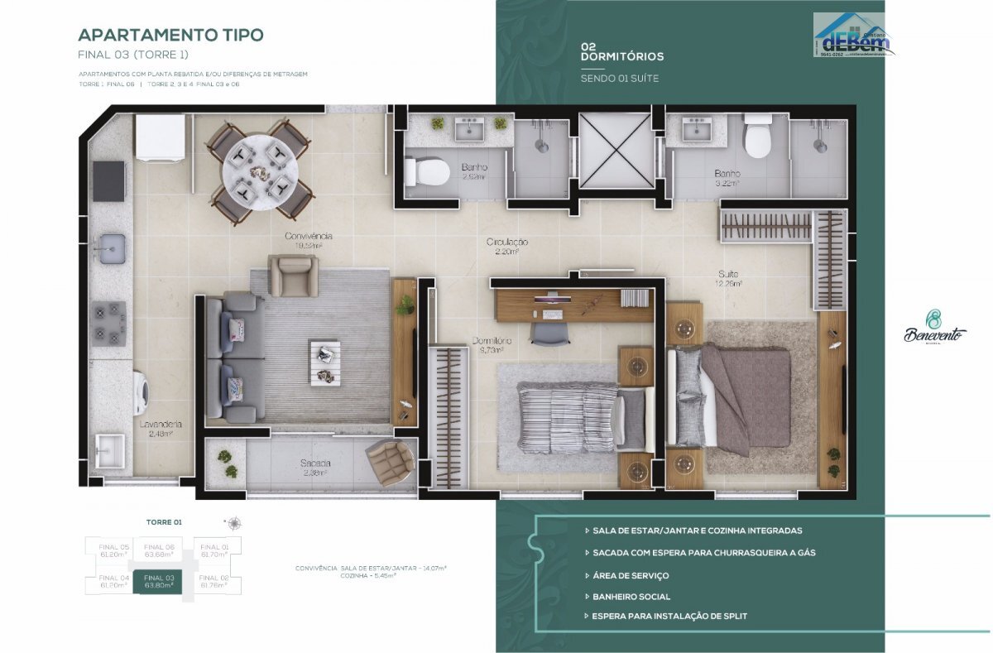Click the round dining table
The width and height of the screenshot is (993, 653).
(x=259, y=170)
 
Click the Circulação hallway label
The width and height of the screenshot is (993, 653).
(x=506, y=246)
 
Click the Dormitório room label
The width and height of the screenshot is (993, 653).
(x=492, y=345)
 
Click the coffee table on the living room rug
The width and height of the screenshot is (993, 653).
(x=324, y=362)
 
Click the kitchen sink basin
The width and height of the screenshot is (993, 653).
(x=111, y=245)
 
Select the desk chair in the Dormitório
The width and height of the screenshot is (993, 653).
(x=548, y=332)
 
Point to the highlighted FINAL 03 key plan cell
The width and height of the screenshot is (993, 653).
(x=159, y=581)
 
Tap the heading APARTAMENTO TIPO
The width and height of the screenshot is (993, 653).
(x=170, y=35)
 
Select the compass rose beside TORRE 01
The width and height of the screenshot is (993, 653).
(x=234, y=523)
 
